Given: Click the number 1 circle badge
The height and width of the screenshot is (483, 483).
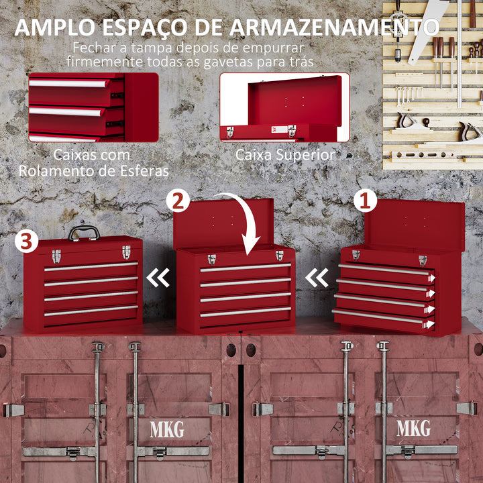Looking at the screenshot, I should (366, 199).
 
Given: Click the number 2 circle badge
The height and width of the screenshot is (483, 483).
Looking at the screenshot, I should (178, 201).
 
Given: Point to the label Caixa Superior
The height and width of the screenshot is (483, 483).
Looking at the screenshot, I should (284, 155).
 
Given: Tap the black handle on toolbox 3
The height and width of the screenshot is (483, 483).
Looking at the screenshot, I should (84, 232).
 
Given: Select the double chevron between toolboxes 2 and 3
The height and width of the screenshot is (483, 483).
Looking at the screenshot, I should (158, 277).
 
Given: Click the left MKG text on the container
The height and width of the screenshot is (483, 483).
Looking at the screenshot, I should (167, 429).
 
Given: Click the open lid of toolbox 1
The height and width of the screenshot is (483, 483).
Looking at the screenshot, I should (414, 224).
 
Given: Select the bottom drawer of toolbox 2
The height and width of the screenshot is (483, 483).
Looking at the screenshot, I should (246, 313).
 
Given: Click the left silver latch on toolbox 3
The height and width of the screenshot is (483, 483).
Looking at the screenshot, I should (56, 256).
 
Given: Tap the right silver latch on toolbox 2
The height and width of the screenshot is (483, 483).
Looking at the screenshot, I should (279, 256).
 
